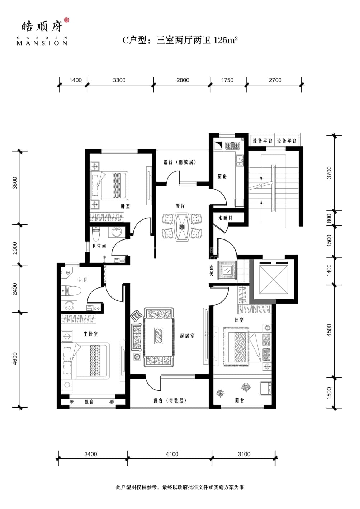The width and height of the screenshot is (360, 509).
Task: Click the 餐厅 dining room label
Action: click(x=180, y=206)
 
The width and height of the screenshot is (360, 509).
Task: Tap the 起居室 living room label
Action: click(x=187, y=336)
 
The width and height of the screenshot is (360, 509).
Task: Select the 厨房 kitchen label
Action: click(x=222, y=176)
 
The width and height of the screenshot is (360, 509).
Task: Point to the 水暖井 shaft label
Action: click(x=226, y=218)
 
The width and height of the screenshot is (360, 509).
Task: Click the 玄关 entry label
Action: click(x=211, y=271)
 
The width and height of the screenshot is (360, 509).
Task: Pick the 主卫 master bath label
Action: click(x=82, y=280)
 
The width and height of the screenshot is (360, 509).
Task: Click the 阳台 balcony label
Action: click(x=240, y=400)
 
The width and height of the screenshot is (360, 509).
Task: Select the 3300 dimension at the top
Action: click(x=119, y=80)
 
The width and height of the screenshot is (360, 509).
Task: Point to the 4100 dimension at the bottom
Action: click(x=172, y=454)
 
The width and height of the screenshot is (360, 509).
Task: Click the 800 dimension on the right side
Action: click(x=329, y=219)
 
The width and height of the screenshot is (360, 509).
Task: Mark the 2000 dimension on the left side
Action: click(x=15, y=248)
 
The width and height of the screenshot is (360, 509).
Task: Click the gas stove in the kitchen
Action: click(x=232, y=145)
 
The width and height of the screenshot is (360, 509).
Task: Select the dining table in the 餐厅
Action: click(x=182, y=227)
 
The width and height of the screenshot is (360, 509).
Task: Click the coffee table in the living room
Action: click(x=158, y=336)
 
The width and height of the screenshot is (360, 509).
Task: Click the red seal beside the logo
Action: click(x=66, y=20)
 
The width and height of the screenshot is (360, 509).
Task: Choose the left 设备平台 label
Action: click(x=262, y=141)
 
